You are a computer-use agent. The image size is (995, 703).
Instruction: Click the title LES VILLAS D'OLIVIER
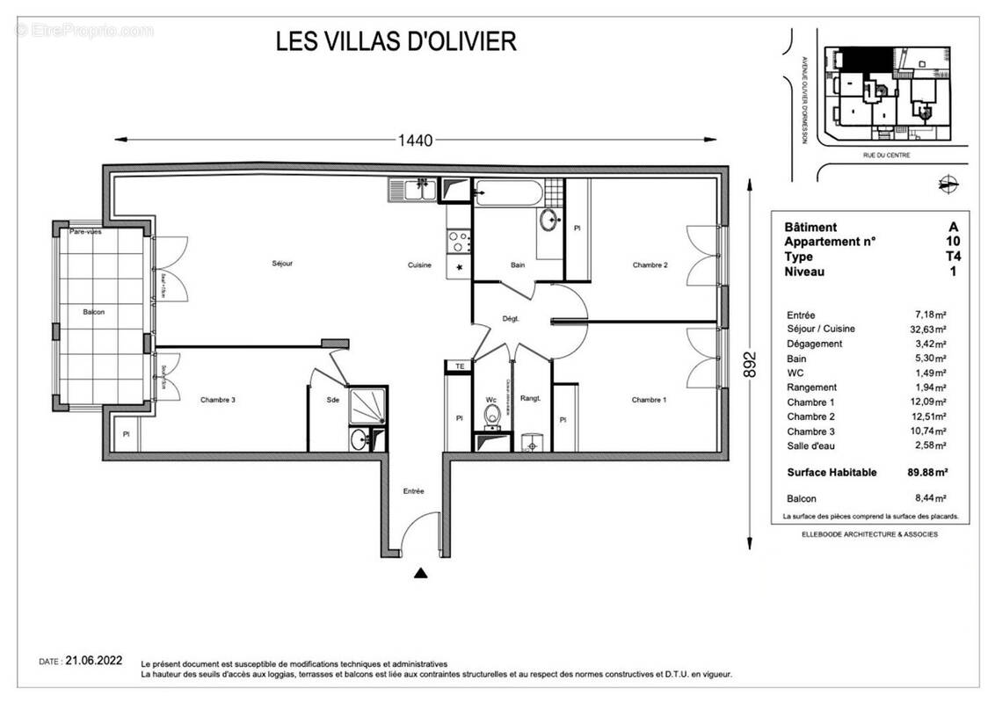pyautogui.click(x=396, y=41)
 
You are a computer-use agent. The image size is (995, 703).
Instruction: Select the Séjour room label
pyautogui.click(x=282, y=264)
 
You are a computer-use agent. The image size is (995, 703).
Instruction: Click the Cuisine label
pyautogui.click(x=419, y=265)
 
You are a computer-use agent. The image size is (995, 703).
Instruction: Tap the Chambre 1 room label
pyautogui.click(x=649, y=400)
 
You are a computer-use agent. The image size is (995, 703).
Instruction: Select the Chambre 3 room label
pyautogui.click(x=217, y=400)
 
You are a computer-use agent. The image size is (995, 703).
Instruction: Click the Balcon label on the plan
pyautogui.click(x=94, y=313)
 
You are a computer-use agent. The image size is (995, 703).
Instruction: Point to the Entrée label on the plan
pyautogui.click(x=413, y=491)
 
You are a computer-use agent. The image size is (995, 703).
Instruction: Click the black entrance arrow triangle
pyautogui.click(x=421, y=574)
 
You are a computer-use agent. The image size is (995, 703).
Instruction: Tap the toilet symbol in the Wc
pyautogui.click(x=492, y=413)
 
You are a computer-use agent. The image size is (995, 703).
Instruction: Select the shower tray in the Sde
pyautogui.click(x=367, y=405)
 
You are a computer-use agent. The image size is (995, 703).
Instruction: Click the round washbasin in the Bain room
pyautogui.click(x=548, y=220)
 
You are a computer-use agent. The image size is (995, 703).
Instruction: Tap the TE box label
pyautogui.click(x=458, y=366)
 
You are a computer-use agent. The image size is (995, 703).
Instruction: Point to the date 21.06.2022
pyautogui.click(x=94, y=661)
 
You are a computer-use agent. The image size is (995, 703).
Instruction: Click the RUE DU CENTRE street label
pyautogui.click(x=886, y=156)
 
